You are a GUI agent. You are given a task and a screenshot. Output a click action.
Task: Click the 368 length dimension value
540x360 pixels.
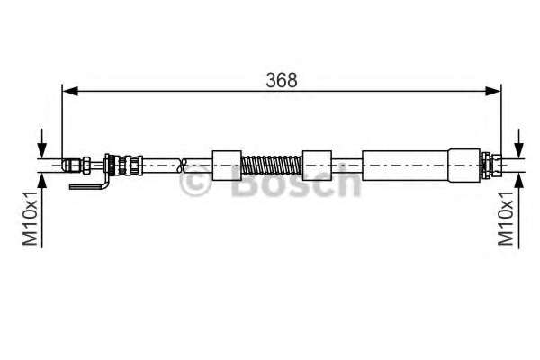[x=281, y=79]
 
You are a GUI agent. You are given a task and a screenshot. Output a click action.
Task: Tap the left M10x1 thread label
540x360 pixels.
[x=31, y=218]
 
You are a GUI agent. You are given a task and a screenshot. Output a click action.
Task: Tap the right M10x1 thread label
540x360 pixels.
[x=507, y=218]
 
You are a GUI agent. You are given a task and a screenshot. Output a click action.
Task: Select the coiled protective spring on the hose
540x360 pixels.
[x=273, y=165]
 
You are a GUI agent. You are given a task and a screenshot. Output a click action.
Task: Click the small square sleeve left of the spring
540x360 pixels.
[x=227, y=164]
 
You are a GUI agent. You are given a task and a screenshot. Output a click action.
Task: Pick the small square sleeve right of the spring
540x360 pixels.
[x=317, y=164]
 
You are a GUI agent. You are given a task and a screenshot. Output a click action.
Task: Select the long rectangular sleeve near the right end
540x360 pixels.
[x=408, y=164]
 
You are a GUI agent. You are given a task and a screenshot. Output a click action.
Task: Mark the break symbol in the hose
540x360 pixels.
[x=184, y=164]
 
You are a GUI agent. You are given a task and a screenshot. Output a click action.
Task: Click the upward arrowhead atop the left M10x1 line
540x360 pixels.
[x=41, y=177]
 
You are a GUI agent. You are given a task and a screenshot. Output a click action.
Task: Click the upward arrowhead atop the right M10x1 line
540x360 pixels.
[x=517, y=177]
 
